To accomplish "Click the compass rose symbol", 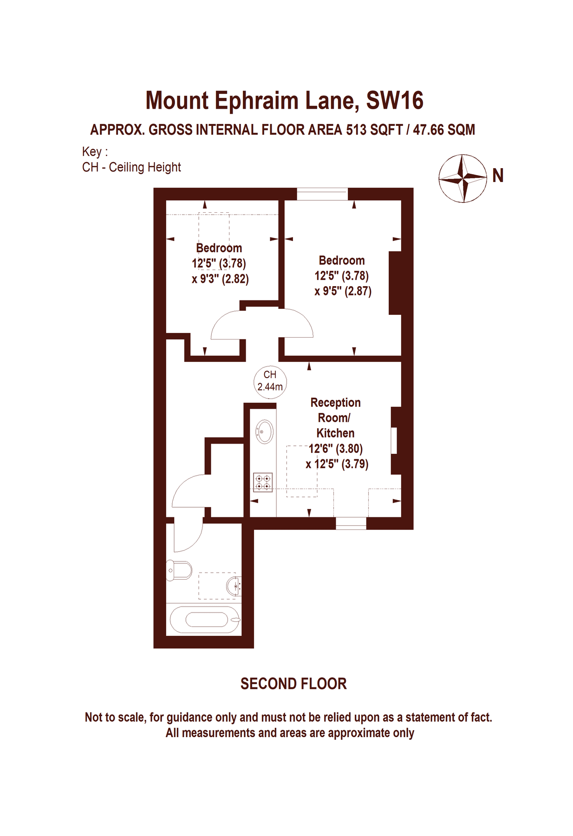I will (462, 178).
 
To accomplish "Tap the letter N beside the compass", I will (497, 176).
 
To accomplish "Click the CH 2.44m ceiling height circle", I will (270, 381).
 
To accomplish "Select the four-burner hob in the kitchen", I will (262, 482).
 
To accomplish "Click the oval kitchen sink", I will (264, 431).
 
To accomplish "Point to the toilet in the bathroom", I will (180, 570).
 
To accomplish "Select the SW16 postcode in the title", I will (395, 101).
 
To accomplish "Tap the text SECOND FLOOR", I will (293, 684).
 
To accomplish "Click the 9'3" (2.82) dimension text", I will (220, 279).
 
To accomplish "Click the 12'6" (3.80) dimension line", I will (335, 449).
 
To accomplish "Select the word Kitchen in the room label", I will (335, 433).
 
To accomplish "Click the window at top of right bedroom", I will (322, 194).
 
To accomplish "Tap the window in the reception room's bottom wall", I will (351, 523).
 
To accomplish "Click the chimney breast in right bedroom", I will (395, 283).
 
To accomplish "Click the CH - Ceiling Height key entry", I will (131, 167).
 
